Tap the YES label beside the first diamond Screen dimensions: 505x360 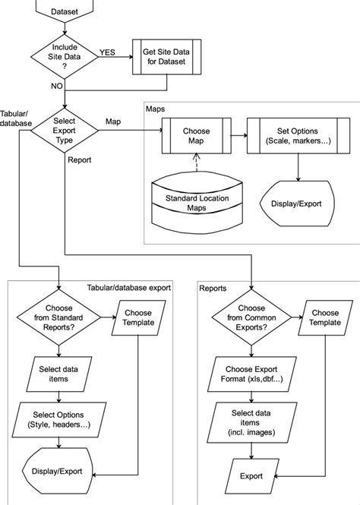(x=108, y=52)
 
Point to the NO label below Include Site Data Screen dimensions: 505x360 (x=57, y=87)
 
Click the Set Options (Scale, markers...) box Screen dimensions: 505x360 (x=295, y=136)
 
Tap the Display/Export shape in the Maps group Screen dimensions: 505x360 (x=295, y=204)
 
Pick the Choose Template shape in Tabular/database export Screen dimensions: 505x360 (x=138, y=318)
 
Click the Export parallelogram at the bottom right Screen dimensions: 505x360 (x=251, y=477)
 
